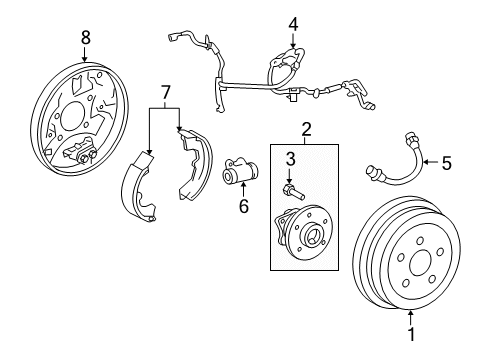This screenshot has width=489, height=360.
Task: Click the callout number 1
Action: coord(412,334)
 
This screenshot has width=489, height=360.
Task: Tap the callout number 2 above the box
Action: coord(306,130)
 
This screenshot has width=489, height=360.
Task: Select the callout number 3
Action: coord(291,159)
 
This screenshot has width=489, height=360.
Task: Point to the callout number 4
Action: coord(293,24)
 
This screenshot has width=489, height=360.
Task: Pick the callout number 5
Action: coord(446,163)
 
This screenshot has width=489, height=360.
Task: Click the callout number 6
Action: coord(244,206)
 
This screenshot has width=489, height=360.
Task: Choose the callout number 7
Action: coord(165,93)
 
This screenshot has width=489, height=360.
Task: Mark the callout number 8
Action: coord(86,37)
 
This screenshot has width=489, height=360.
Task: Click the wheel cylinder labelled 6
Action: coord(240,171)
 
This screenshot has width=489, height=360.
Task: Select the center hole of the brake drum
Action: coord(420,262)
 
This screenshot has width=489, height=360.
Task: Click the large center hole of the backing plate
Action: coord(73,116)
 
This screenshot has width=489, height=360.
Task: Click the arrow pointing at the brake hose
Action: coord(432,162)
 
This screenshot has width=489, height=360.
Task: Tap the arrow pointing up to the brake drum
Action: coord(411,317)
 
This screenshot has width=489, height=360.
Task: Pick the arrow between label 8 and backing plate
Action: coord(85,54)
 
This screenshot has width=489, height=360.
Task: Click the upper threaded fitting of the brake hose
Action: coord(411,139)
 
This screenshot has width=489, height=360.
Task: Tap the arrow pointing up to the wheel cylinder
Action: coord(243,190)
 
